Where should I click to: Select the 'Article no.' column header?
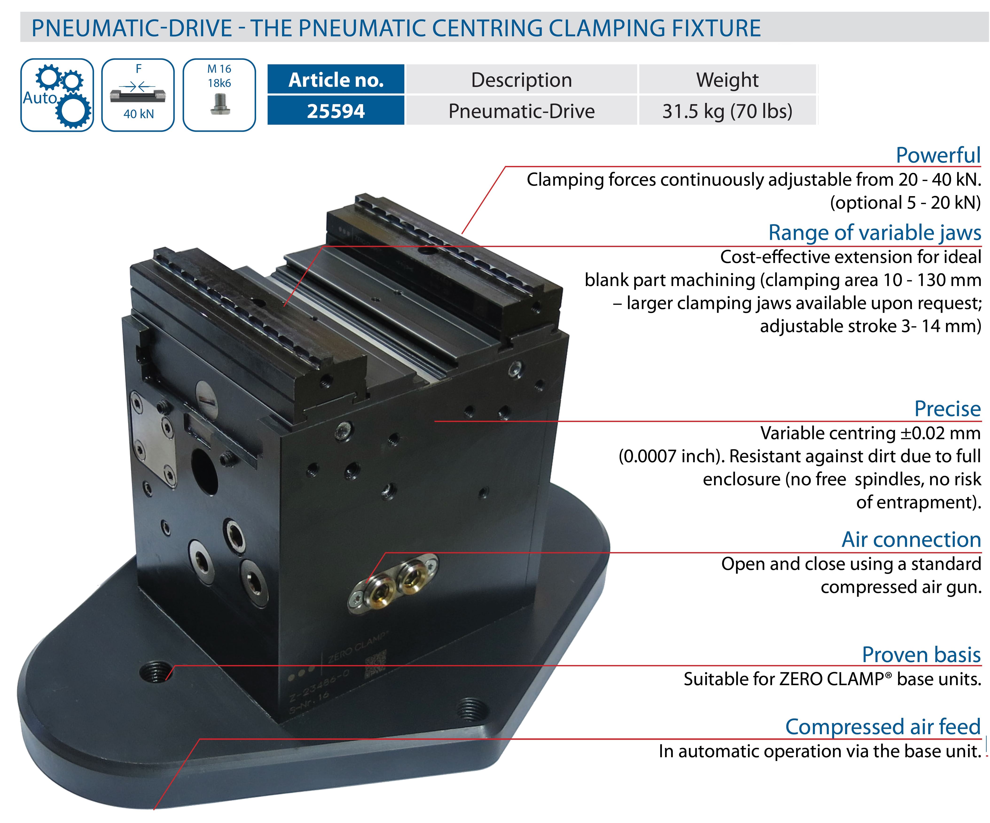pos(336,80)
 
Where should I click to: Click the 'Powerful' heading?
pos(938,155)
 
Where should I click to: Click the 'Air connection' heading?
pos(911,540)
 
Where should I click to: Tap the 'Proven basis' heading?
pos(921,655)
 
